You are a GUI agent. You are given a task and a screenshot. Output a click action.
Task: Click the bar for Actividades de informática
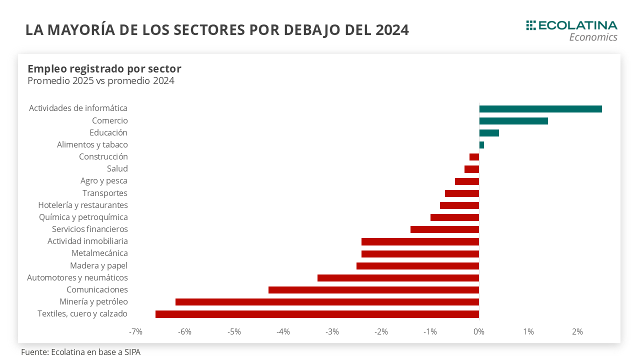tap(540, 109)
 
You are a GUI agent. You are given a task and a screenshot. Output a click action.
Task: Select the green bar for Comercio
tap(513, 121)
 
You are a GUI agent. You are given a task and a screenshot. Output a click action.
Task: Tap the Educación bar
tap(489, 133)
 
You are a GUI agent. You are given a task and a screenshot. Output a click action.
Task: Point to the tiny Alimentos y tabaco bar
tap(481, 145)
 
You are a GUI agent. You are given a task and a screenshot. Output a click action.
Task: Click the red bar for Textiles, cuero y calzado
tap(317, 314)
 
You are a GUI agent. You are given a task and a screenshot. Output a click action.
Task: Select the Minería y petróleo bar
tap(327, 302)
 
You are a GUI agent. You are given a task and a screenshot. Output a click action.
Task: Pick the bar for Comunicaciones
tap(373, 290)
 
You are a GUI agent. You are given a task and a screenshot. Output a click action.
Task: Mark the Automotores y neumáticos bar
tap(398, 278)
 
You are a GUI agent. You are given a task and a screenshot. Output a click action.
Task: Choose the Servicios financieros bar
tap(444, 229)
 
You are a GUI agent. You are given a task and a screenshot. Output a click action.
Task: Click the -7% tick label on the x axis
tap(135, 331)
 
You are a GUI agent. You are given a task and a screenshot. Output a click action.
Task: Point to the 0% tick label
tap(479, 331)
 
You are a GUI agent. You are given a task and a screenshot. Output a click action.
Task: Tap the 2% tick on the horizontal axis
tap(577, 331)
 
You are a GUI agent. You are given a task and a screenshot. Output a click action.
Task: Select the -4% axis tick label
tap(283, 331)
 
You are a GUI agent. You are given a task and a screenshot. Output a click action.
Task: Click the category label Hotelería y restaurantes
tap(83, 205)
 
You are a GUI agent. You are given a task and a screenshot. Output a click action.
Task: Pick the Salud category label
tap(117, 169)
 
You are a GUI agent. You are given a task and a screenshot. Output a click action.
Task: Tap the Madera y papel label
tap(98, 265)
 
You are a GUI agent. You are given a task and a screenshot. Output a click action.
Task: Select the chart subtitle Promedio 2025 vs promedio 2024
tap(101, 80)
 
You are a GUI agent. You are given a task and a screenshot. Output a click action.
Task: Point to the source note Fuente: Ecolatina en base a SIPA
tap(80, 352)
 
